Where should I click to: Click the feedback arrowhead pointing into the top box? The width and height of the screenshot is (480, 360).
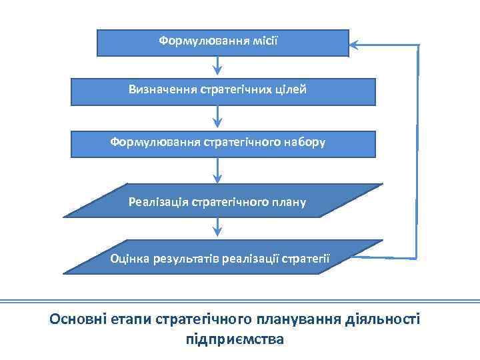[355, 45]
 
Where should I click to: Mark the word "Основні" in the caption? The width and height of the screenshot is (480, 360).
[77, 319]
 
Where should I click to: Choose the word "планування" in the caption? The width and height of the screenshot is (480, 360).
[303, 319]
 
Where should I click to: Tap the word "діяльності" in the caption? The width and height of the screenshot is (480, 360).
[383, 319]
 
